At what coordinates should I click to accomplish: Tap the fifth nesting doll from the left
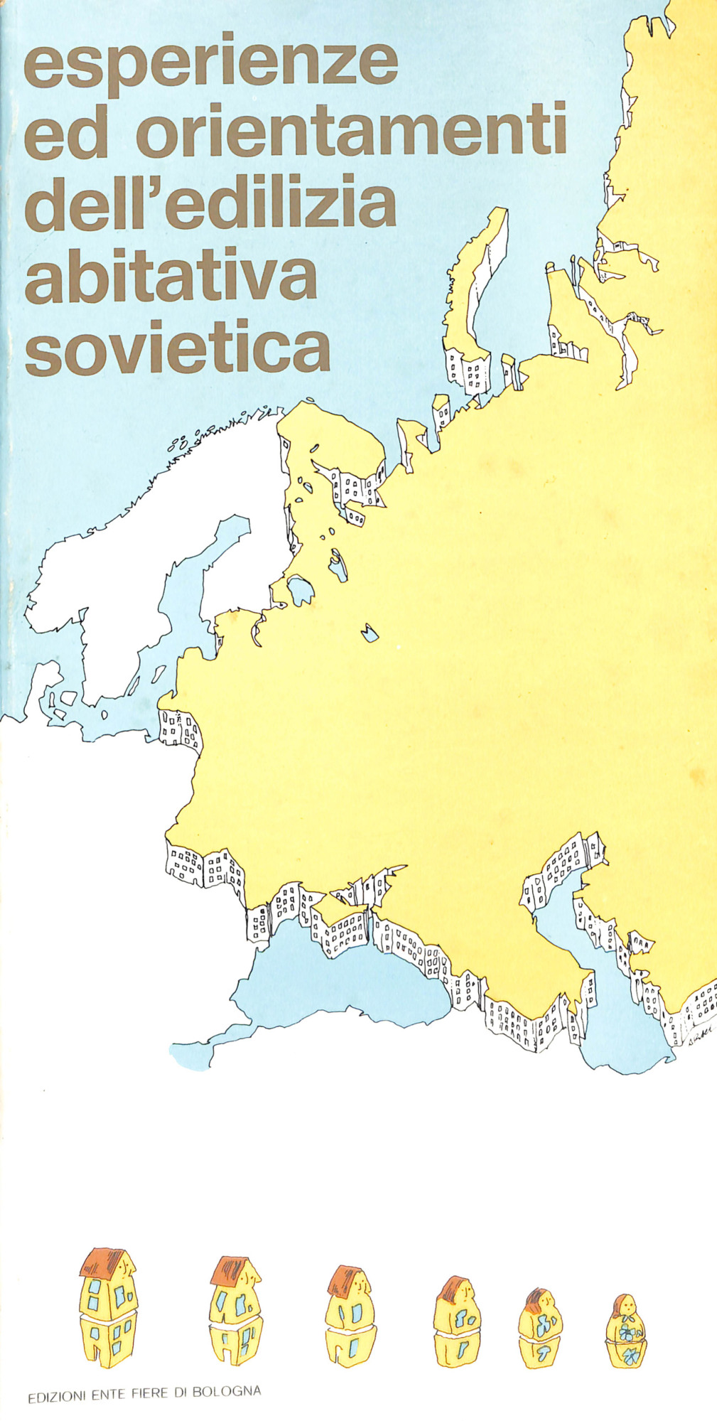click(x=541, y=1329)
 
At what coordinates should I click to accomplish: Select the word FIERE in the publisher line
click(x=151, y=1393)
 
